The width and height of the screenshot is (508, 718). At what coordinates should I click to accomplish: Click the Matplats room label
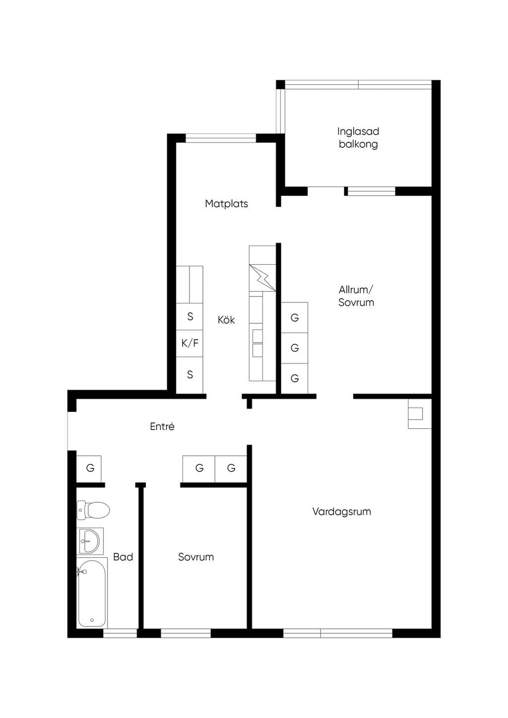(x=226, y=203)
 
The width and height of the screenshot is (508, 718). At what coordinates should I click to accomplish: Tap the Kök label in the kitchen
(x=226, y=319)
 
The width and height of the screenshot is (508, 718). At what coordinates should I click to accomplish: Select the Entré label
(x=162, y=426)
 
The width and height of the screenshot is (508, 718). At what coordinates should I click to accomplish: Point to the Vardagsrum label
(x=341, y=511)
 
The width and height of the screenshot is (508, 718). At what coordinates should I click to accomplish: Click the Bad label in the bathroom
(x=123, y=557)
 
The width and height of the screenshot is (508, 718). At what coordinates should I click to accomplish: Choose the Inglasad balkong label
(x=358, y=137)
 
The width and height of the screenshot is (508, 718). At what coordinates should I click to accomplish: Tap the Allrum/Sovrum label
(x=356, y=296)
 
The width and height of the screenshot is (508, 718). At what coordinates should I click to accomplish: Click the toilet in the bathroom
(x=93, y=510)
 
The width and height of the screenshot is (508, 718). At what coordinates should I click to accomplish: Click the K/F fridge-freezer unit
(x=190, y=343)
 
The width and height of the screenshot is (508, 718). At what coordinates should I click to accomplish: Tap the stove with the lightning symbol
(x=262, y=278)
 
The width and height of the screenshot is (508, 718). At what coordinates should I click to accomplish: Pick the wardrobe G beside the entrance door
(x=89, y=468)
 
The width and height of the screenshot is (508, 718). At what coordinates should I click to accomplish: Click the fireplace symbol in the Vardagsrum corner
(x=420, y=414)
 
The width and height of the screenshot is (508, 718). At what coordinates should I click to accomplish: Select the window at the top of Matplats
(x=221, y=138)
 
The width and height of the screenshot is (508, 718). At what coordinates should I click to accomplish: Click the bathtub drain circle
(x=92, y=620)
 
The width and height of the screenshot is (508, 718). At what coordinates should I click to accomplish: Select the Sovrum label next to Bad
(x=196, y=557)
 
